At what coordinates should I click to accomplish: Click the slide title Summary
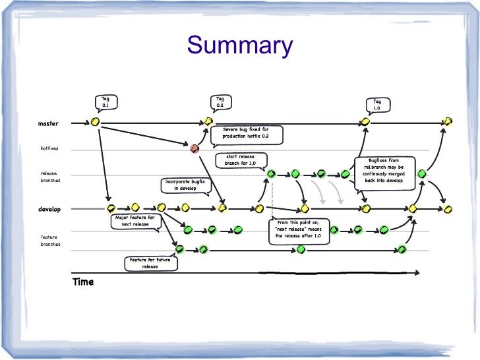240,46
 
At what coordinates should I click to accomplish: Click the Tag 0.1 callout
105,102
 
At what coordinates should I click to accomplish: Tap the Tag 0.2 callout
220,102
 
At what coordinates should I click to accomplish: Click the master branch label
48,123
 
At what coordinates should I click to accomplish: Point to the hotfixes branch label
49,148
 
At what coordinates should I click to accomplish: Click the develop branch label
49,209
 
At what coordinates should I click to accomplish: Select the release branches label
50,177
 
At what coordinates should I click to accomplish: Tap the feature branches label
50,240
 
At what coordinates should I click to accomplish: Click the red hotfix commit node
195,149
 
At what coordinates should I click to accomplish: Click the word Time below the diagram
83,282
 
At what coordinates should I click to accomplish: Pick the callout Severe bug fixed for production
246,135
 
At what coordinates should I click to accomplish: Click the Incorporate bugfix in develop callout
185,185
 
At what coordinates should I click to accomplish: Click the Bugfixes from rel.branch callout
384,170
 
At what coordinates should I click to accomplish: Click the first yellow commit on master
95,122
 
